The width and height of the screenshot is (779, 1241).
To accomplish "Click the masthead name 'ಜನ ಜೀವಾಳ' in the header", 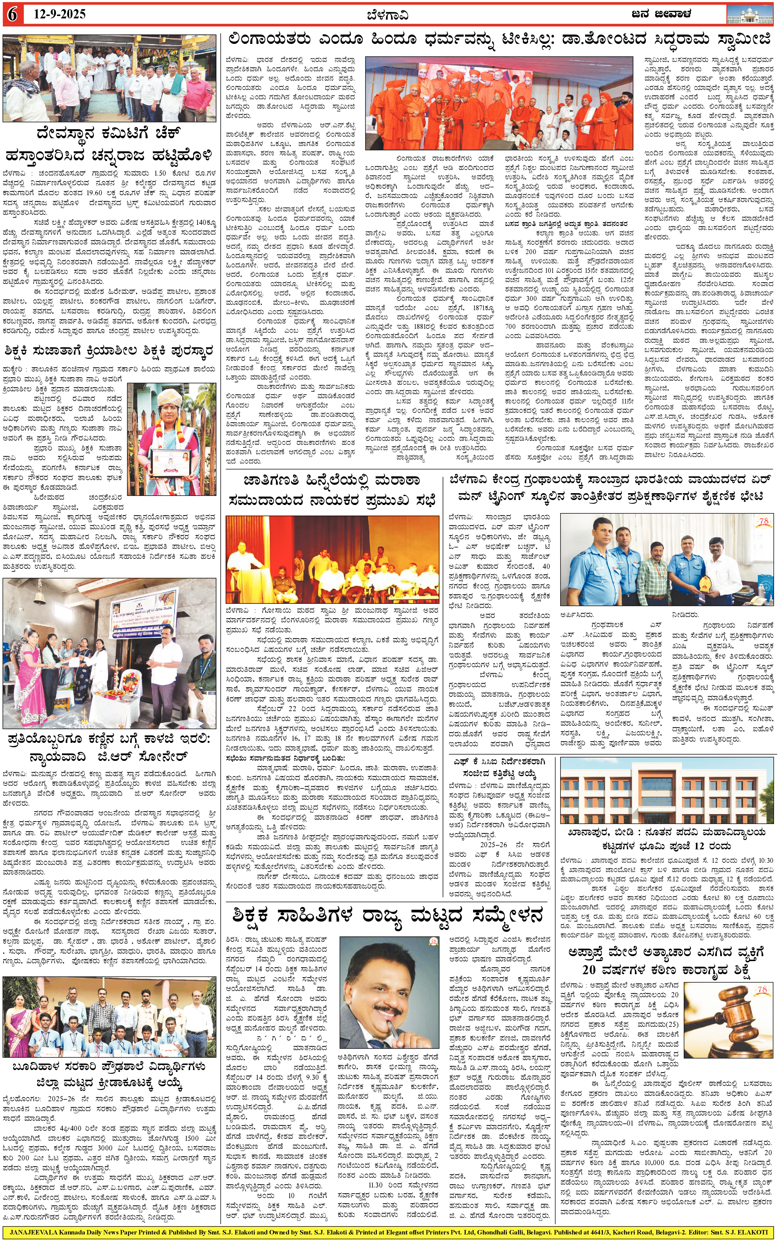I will click(x=661, y=14).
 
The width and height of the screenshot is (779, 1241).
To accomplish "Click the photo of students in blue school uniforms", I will click(x=109, y=1016).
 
